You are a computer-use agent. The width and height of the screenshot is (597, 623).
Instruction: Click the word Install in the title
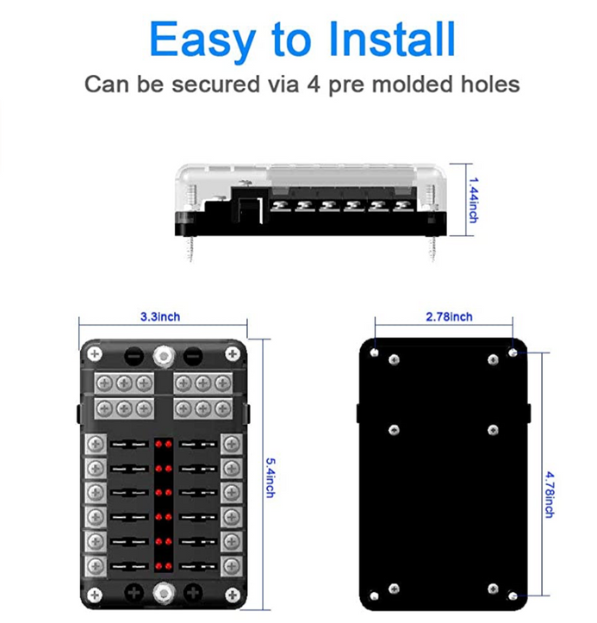393,39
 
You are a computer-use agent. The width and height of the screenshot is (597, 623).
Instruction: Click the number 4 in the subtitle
314,84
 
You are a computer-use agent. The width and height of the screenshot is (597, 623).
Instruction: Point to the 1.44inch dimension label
474,200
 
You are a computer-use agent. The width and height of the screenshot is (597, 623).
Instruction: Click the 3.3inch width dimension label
160,316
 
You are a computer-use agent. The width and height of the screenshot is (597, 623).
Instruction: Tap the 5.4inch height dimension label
271,478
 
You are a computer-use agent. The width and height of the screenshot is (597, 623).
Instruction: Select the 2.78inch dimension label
449,316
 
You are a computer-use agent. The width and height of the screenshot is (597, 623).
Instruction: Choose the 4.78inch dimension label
550,495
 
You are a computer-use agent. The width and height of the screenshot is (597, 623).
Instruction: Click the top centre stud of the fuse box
164,355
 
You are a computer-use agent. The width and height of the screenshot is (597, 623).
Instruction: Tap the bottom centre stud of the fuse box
164,594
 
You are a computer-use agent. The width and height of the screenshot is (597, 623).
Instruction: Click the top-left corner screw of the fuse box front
95,353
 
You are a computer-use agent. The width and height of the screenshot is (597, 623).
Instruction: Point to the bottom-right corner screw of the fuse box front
233,595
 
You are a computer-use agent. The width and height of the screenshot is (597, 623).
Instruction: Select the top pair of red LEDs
164,444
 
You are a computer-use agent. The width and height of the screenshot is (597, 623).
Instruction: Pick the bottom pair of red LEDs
164,565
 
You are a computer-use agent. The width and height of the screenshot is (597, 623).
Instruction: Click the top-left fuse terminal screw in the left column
96,444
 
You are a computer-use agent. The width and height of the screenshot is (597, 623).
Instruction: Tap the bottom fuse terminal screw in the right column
232,566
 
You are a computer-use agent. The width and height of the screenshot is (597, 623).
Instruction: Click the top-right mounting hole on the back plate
513,352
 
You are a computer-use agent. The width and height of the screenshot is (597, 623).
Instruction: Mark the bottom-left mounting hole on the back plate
374,595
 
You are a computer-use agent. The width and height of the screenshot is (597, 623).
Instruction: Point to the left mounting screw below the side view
190,249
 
